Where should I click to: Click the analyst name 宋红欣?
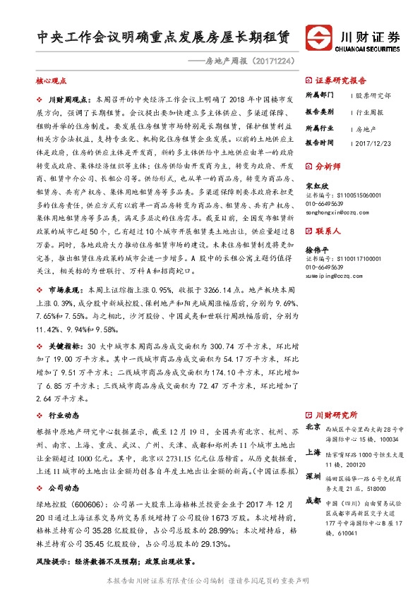pyautogui.click(x=316, y=186)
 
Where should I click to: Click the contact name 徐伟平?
pyautogui.click(x=316, y=250)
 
